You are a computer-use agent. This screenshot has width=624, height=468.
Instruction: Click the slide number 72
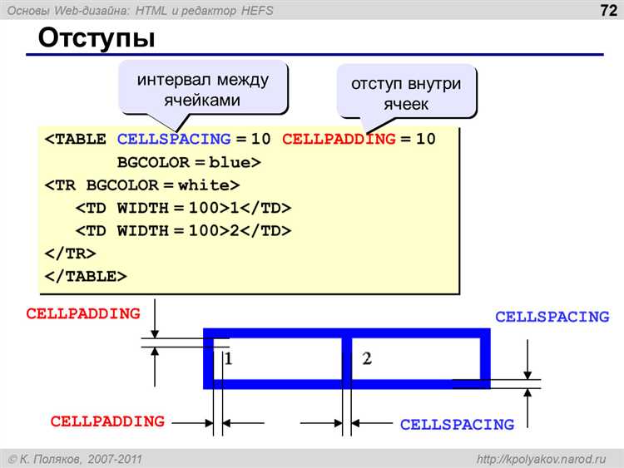[606, 11]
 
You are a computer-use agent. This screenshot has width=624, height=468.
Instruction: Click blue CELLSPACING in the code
[174, 139]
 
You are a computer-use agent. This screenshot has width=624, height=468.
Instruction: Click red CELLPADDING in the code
[339, 139]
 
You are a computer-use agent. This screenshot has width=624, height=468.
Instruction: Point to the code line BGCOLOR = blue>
[189, 162]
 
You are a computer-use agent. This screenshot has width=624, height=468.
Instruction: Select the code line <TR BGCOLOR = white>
[142, 185]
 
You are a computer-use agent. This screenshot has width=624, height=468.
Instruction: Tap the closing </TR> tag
[70, 253]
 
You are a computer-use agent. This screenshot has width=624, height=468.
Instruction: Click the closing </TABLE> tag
[86, 275]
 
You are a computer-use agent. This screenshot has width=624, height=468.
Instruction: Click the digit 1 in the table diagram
[228, 359]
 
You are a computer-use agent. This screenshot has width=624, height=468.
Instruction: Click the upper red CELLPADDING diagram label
[83, 314]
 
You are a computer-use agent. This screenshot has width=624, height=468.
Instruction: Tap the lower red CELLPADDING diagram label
[107, 421]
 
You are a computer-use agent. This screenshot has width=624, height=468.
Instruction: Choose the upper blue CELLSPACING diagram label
[552, 317]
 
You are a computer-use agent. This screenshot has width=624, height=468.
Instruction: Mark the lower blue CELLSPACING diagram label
[457, 425]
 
